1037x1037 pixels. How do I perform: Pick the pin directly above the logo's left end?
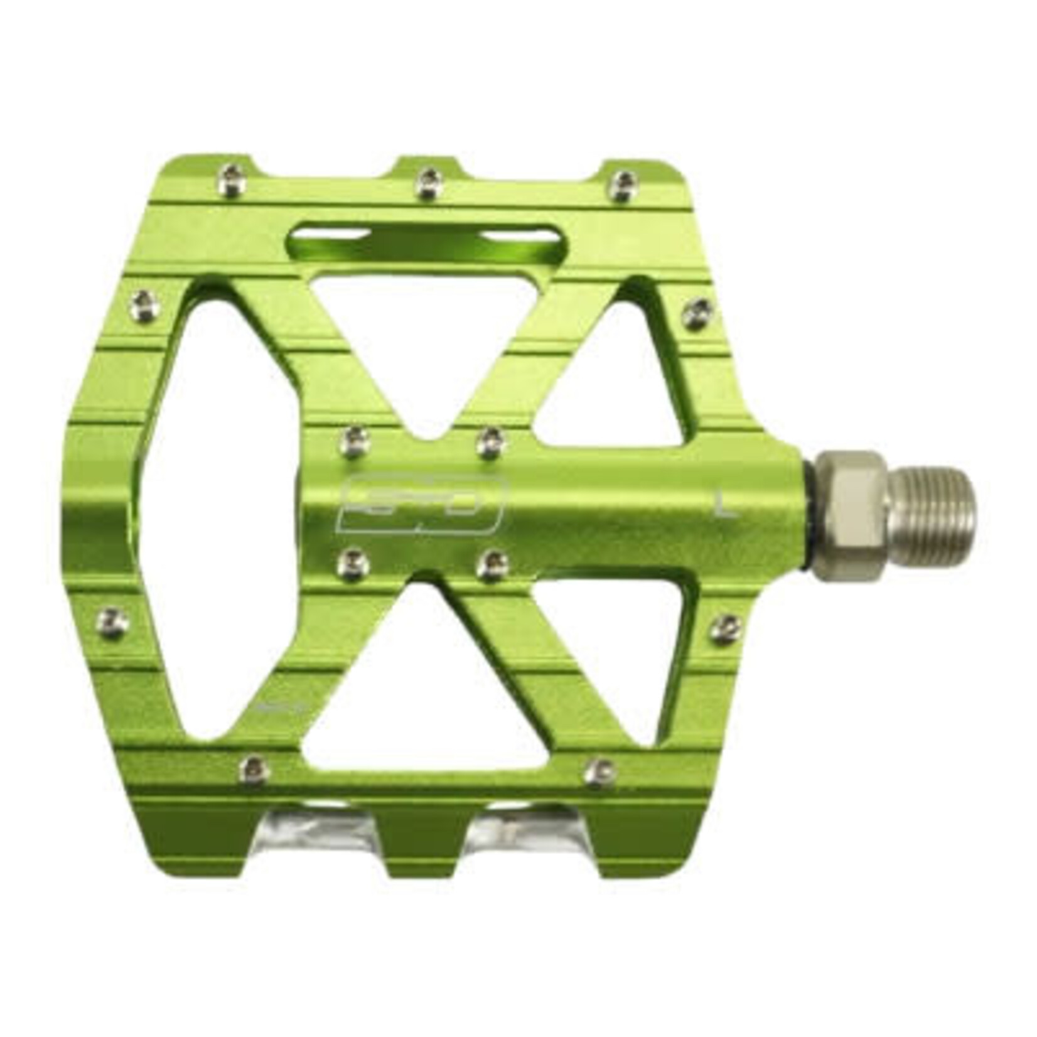353,441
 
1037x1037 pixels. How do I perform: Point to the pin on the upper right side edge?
697,312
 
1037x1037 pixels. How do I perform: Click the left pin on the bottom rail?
254,767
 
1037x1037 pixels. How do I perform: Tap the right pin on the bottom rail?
599,771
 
